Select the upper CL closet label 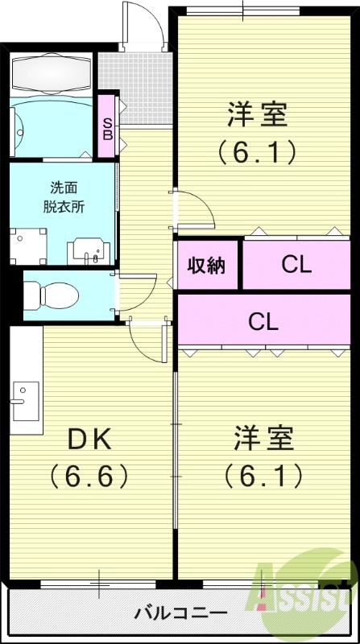coord(296,264)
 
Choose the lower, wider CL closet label coord(263,321)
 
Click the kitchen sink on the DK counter coord(22,398)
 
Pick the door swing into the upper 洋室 coord(193,209)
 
